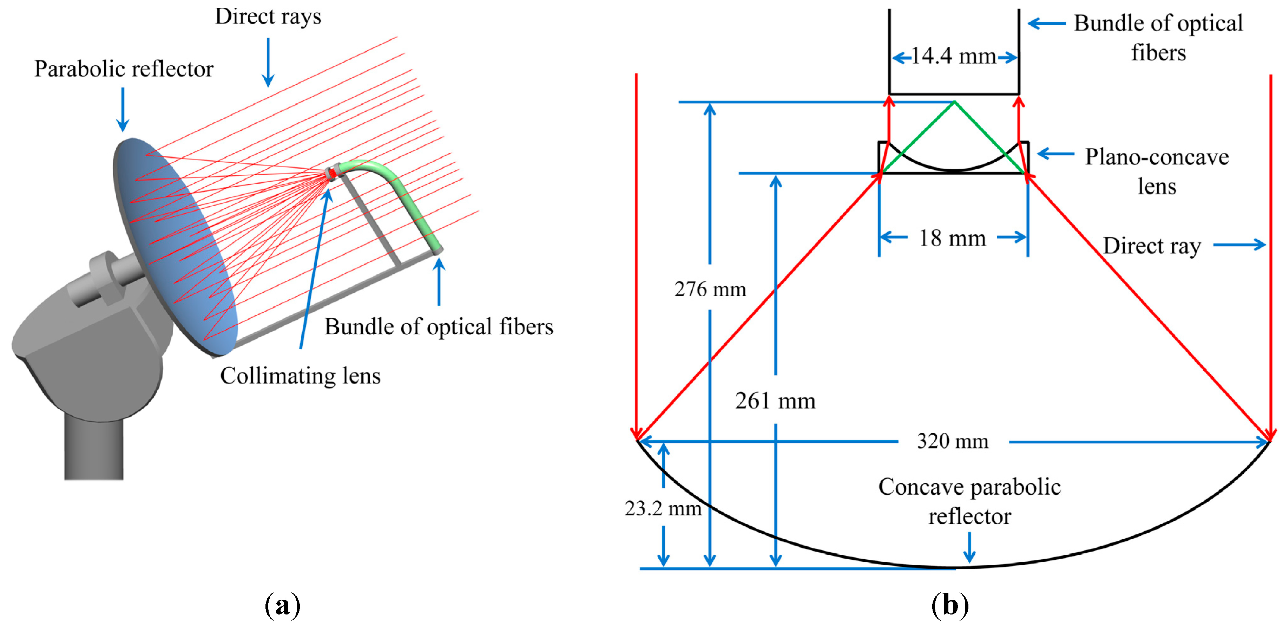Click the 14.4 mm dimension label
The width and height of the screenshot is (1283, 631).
tap(953, 56)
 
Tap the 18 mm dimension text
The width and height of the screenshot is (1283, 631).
tap(952, 238)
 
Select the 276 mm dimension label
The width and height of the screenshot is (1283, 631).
tap(710, 289)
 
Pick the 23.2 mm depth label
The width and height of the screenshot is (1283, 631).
tap(663, 508)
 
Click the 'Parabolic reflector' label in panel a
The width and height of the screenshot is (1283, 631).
tap(124, 69)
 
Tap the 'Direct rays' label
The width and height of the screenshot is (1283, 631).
tap(268, 17)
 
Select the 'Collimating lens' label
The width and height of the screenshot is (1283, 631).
tap(300, 376)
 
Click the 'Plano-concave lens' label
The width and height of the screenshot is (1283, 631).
tap(1157, 171)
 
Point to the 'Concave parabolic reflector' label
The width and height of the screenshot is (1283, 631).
tap(969, 501)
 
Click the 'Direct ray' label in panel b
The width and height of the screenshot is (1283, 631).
tap(1152, 246)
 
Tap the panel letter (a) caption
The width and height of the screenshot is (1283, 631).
tap(282, 605)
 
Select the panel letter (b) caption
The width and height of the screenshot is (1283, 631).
tap(950, 605)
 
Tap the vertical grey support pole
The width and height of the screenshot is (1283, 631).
tap(94, 449)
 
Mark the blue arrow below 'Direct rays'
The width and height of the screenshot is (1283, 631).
tap(268, 62)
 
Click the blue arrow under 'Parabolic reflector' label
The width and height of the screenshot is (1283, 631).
tap(123, 110)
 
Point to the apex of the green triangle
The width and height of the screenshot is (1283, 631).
tap(954, 102)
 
